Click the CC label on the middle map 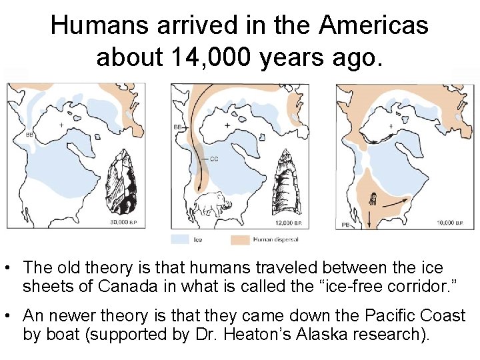point(214,159)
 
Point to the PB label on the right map point(346,224)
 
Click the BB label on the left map point(29,135)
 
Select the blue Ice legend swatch point(180,239)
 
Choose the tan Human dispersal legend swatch point(240,239)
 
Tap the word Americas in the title point(373,25)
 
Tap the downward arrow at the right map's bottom point(368,217)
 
